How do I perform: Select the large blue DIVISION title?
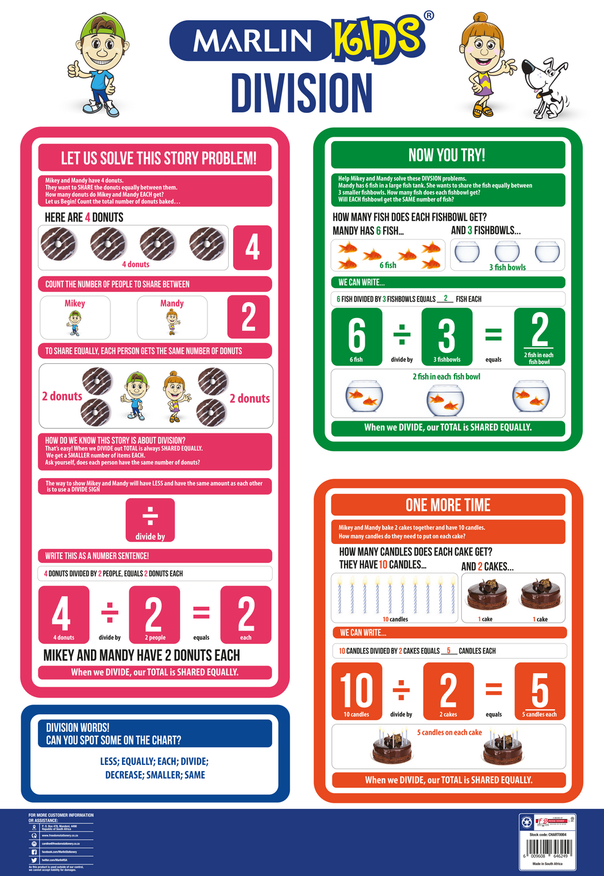[x=301, y=93]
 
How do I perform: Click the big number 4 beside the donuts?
[x=252, y=247]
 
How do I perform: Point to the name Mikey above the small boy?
[x=74, y=303]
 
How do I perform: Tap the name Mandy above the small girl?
[x=172, y=303]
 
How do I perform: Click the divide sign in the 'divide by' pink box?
[x=150, y=516]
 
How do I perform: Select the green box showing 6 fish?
[x=356, y=336]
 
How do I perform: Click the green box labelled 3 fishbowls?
[x=447, y=336]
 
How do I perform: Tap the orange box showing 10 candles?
[x=356, y=691]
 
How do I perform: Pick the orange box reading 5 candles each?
[x=539, y=691]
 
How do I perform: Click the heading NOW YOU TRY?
[x=447, y=155]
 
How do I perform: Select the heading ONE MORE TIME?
[x=448, y=505]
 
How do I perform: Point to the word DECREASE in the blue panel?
[x=124, y=775]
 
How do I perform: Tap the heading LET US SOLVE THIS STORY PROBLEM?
[x=159, y=159]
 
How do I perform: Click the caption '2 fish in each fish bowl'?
[x=446, y=377]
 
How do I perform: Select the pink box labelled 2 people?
[x=154, y=615]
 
